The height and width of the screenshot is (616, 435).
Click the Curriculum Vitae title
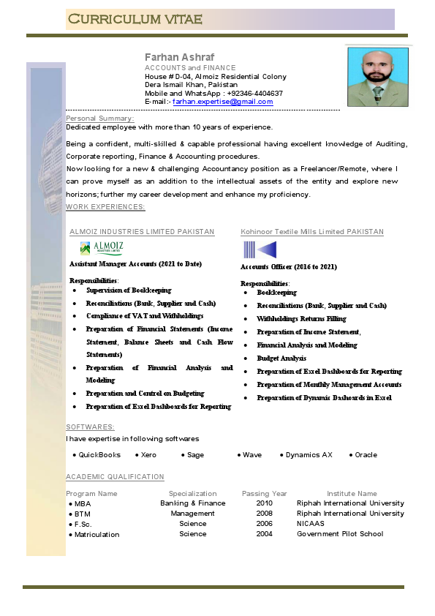click(135, 18)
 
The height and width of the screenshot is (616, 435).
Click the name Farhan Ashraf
click(179, 57)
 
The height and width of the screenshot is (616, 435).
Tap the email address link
click(222, 102)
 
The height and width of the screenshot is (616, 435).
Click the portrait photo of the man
click(377, 77)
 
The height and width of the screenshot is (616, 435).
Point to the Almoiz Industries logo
click(102, 249)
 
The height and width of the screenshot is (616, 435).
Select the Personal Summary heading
click(100, 119)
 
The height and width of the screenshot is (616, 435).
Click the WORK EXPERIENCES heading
click(105, 207)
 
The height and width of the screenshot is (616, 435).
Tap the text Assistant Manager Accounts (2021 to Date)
click(135, 263)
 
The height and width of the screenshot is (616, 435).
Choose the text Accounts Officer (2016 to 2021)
click(289, 267)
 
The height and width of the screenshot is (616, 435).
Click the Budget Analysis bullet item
click(281, 358)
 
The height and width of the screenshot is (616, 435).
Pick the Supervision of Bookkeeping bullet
click(129, 290)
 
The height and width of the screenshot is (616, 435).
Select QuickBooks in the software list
click(99, 455)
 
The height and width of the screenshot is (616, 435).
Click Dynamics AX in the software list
click(309, 455)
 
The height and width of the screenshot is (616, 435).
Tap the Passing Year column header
click(265, 494)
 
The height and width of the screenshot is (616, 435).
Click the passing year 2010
click(264, 503)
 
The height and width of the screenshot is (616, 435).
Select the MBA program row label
click(83, 504)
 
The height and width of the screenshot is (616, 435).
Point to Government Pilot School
click(339, 534)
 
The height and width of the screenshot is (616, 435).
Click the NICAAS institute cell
click(311, 524)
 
